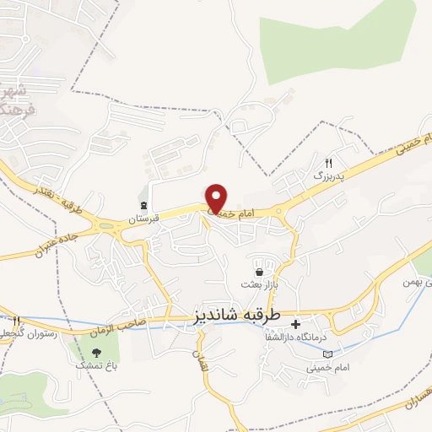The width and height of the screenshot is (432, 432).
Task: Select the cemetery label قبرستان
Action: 143,219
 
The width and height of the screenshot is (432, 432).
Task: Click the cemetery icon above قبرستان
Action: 144,205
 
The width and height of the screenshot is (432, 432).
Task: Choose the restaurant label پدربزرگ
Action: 329,175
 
